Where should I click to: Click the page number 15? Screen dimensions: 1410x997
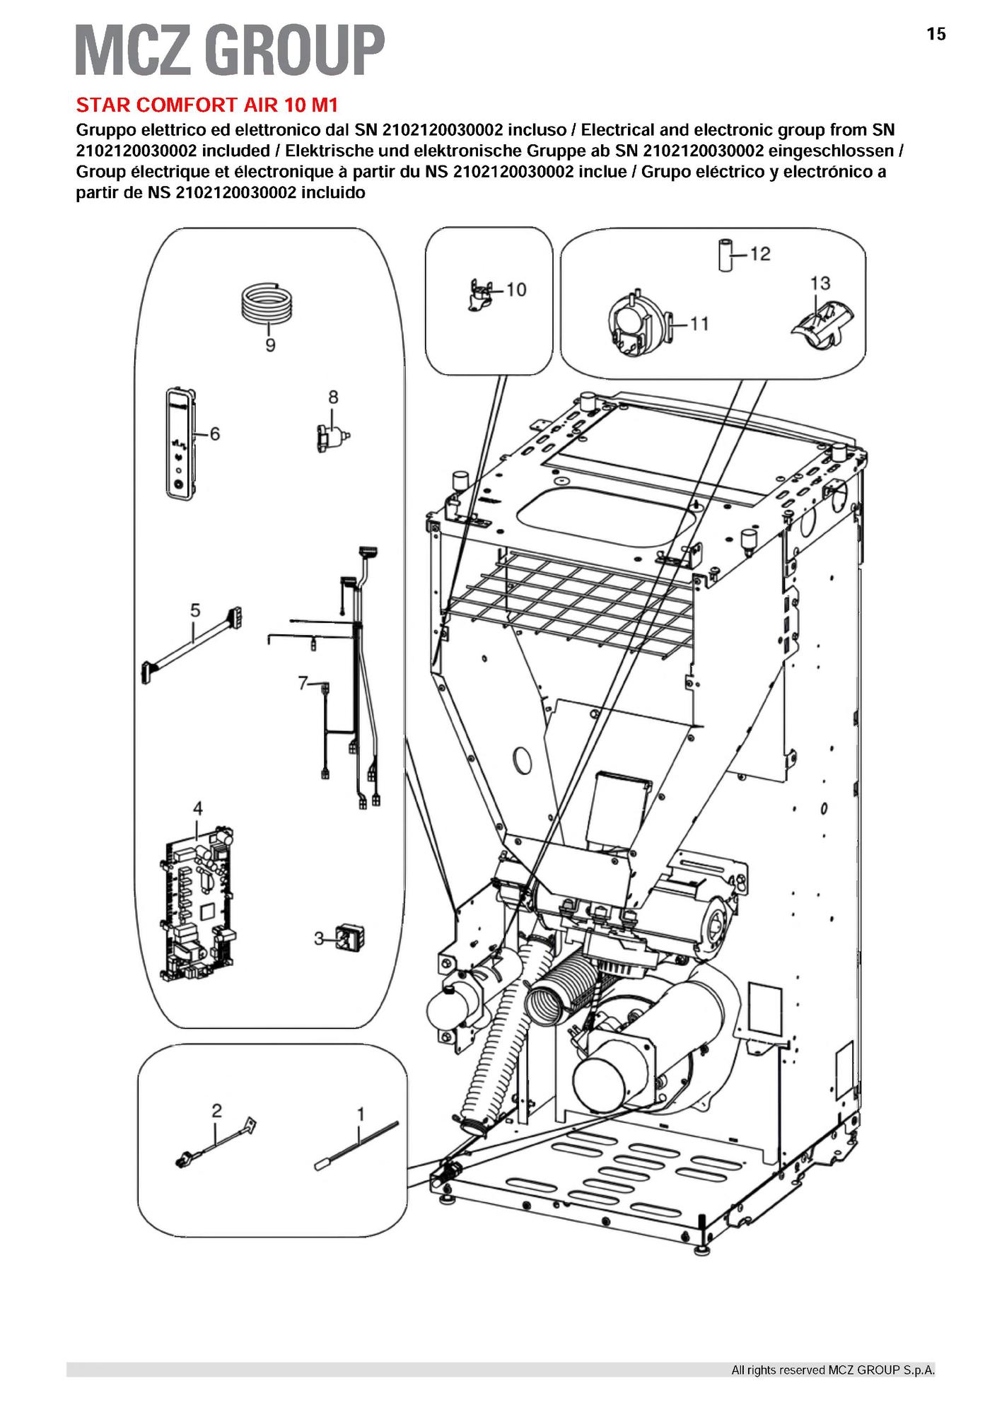935,34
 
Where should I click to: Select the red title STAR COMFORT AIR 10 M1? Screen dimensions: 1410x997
207,105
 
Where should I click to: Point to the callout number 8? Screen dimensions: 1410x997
333,397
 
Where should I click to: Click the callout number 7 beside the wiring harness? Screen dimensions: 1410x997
303,684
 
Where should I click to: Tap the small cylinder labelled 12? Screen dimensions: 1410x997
724,255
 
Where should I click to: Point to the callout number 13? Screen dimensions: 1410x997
820,283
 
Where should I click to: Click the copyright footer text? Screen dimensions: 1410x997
832,1370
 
